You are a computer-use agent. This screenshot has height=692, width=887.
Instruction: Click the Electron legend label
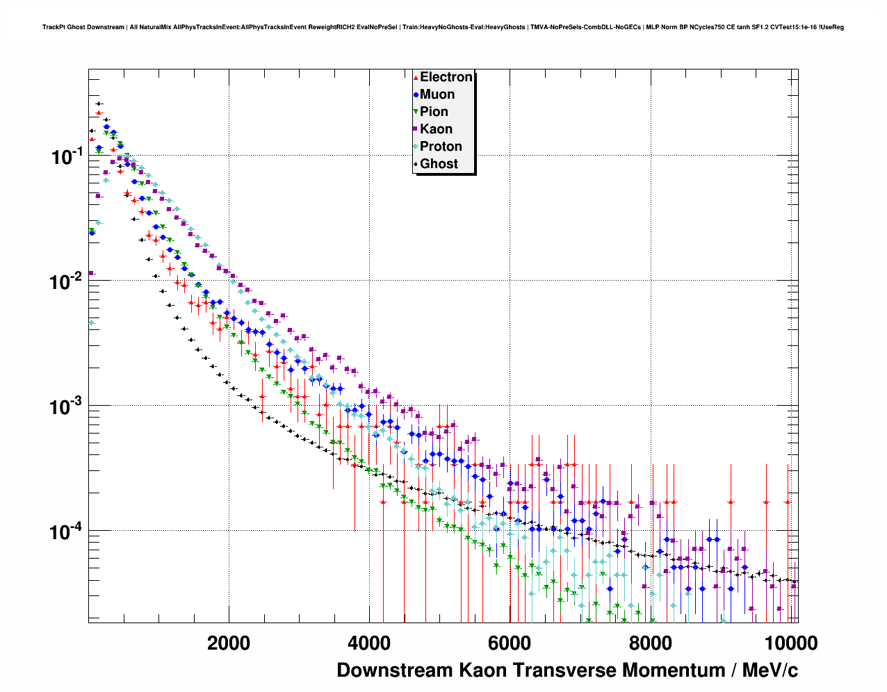[446, 77]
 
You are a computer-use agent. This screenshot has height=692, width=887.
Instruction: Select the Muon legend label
[437, 94]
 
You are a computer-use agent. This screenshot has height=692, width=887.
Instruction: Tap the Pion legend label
[434, 112]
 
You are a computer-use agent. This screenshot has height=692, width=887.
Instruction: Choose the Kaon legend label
[436, 129]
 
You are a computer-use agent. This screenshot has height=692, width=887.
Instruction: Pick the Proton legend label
[441, 147]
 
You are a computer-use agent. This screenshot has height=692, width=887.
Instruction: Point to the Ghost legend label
[439, 164]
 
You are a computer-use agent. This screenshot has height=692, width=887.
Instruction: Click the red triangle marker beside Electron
[416, 78]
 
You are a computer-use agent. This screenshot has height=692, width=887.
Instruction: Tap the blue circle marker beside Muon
[416, 95]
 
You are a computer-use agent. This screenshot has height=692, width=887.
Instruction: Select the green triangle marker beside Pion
[416, 112]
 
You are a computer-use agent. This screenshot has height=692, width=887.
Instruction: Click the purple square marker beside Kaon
[416, 129]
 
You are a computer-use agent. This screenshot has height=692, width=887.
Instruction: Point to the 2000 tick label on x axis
[229, 643]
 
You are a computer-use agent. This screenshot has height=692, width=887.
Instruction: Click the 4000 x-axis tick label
[369, 643]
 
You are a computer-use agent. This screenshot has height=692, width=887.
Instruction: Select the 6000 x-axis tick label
[509, 643]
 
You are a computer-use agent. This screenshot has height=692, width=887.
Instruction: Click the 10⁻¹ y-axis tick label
[67, 157]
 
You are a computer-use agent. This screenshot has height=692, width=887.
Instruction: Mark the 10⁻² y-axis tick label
[67, 282]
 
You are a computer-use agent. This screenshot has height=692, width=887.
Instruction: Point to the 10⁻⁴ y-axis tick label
[67, 532]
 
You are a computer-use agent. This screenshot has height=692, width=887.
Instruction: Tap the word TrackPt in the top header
[53, 27]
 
